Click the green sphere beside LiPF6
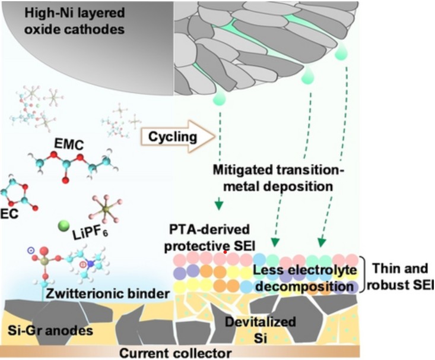(65, 226)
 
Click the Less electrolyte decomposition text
(304, 278)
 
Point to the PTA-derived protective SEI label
(214, 238)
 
